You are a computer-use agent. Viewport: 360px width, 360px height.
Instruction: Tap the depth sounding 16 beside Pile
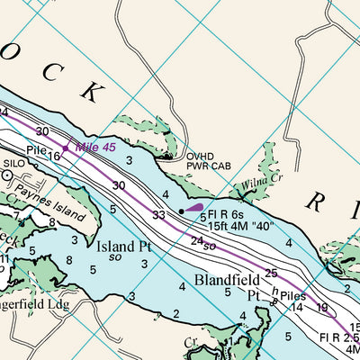click(54, 157)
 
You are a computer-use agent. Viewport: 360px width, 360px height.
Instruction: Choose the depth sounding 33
click(158, 215)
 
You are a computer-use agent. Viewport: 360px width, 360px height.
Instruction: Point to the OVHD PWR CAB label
click(210, 160)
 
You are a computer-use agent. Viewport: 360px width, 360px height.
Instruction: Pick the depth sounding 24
click(197, 240)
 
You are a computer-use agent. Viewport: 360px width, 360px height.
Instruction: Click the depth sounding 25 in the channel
click(271, 273)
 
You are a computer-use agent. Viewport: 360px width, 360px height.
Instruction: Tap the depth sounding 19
click(321, 308)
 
